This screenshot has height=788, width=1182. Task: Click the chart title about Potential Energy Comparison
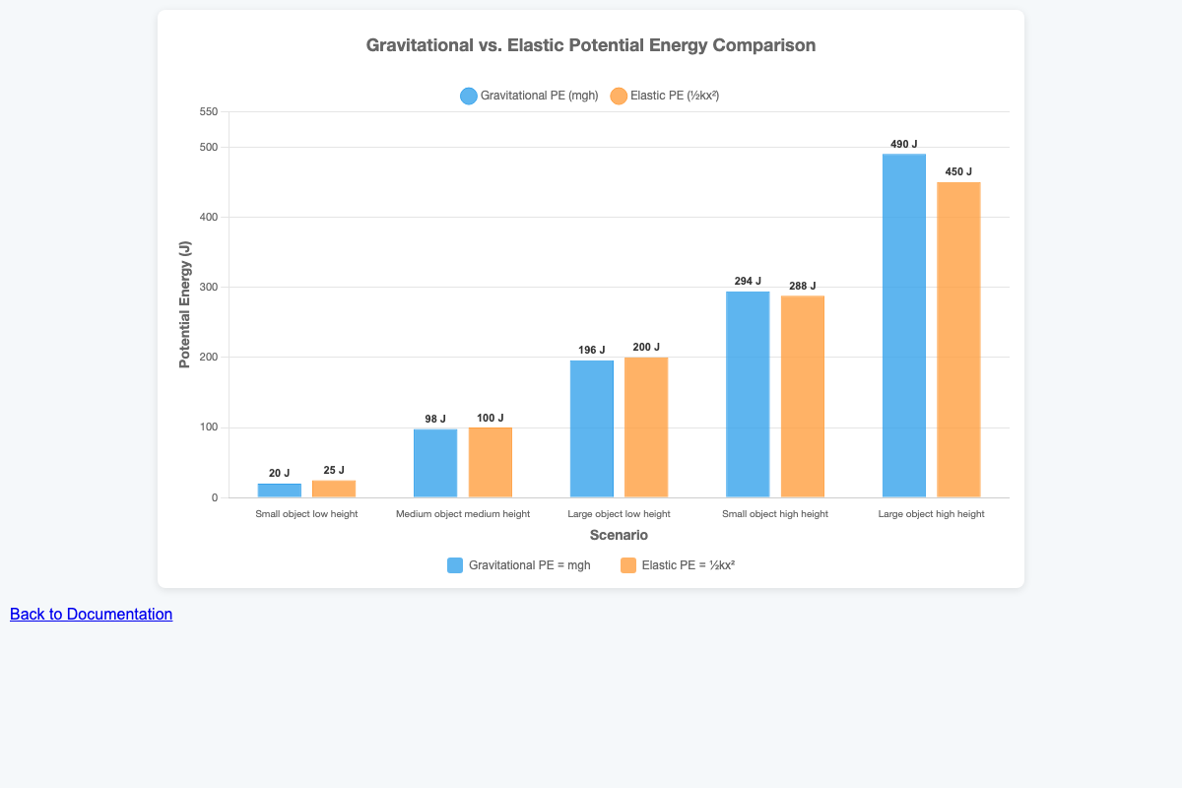590,45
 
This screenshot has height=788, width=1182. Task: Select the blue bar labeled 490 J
903,325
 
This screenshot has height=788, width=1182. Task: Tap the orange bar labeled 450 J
958,340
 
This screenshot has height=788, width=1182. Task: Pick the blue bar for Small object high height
748,394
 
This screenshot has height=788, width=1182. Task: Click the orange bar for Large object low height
646,427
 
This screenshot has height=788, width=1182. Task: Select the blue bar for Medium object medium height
435,463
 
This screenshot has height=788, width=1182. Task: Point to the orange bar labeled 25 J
334,489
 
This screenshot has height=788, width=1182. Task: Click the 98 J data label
435,419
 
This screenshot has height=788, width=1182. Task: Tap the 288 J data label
803,286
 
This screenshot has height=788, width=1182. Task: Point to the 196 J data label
592,350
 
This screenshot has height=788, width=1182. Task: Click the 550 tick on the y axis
208,112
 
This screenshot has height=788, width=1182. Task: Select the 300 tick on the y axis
208,288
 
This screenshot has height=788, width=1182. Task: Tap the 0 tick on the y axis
214,498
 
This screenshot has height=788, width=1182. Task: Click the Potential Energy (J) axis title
184,304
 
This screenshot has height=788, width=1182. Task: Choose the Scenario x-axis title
619,535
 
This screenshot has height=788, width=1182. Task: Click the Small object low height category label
306,514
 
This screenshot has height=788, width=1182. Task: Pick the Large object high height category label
931,514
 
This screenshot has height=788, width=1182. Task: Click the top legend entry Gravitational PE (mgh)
529,97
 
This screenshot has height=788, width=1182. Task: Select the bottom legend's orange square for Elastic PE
627,565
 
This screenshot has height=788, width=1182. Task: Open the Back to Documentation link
91,614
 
